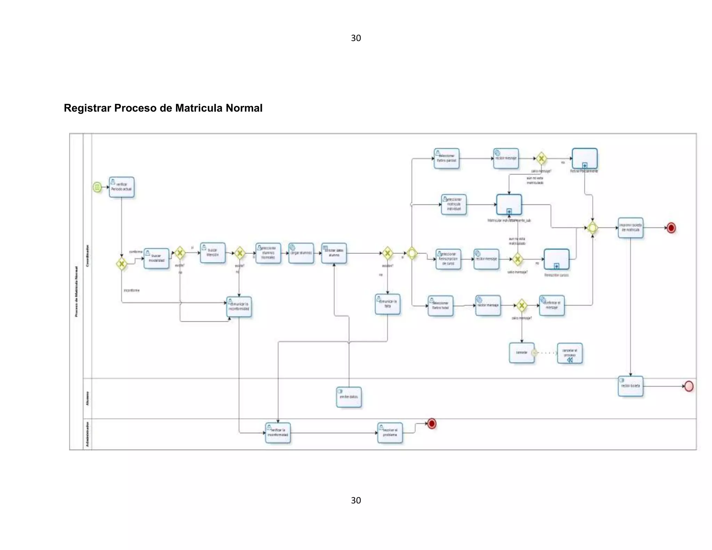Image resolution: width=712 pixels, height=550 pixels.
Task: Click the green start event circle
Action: [97, 187]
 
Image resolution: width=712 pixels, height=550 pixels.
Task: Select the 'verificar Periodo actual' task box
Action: [121, 187]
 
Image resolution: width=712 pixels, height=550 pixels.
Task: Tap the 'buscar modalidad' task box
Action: [156, 258]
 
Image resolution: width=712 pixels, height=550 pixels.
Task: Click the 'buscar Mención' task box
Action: [212, 252]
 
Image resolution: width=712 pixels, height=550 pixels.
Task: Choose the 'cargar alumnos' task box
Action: [301, 253]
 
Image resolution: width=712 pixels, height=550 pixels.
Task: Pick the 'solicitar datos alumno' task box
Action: [334, 253]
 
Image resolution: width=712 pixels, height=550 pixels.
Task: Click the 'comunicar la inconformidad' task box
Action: [239, 306]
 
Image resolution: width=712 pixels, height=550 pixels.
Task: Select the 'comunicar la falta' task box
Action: [387, 304]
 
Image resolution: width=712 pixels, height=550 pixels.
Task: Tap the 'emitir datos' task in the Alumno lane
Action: [349, 397]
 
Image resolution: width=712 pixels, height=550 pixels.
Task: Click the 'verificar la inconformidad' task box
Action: [278, 432]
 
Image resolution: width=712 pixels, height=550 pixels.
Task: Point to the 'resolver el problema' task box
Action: [390, 432]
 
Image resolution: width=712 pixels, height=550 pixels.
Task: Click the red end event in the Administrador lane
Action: [432, 423]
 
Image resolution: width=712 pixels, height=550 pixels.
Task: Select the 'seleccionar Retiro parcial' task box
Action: [446, 158]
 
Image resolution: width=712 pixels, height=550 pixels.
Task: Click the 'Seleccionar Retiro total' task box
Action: [440, 306]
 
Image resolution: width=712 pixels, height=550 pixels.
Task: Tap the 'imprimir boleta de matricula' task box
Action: [630, 227]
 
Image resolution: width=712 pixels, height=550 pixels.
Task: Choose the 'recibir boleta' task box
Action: [630, 386]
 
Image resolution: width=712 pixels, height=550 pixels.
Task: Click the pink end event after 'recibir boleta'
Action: [689, 386]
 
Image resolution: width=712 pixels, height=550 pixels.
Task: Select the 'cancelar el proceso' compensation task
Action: [569, 353]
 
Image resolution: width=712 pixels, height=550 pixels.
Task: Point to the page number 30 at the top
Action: [356, 38]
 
